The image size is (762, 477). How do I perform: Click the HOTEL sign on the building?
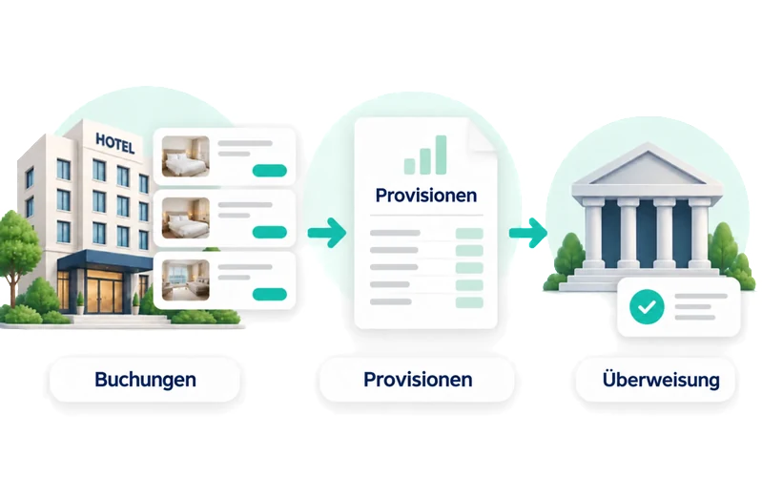coord(115,143)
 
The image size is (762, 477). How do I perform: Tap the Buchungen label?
coord(145,380)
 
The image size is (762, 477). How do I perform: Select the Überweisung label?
coord(661,380)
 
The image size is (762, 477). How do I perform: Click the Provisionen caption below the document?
coord(418,380)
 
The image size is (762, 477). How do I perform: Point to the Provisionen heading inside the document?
coord(425,195)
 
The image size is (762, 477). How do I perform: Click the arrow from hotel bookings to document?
coord(327,233)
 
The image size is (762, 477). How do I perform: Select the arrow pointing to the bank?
coord(528,233)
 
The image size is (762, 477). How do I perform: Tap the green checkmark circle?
coord(647,306)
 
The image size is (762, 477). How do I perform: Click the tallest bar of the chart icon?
coord(441,155)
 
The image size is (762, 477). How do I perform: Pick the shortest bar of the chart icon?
coord(410,166)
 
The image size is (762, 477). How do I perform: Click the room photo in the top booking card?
coord(186,156)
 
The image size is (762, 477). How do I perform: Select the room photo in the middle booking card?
coord(186,218)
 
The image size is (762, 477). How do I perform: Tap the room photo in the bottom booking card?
coord(186,280)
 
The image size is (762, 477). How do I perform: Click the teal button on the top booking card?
coord(270,171)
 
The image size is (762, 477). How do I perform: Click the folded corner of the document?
coord(481,135)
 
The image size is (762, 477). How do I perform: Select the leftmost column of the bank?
coord(594,234)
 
